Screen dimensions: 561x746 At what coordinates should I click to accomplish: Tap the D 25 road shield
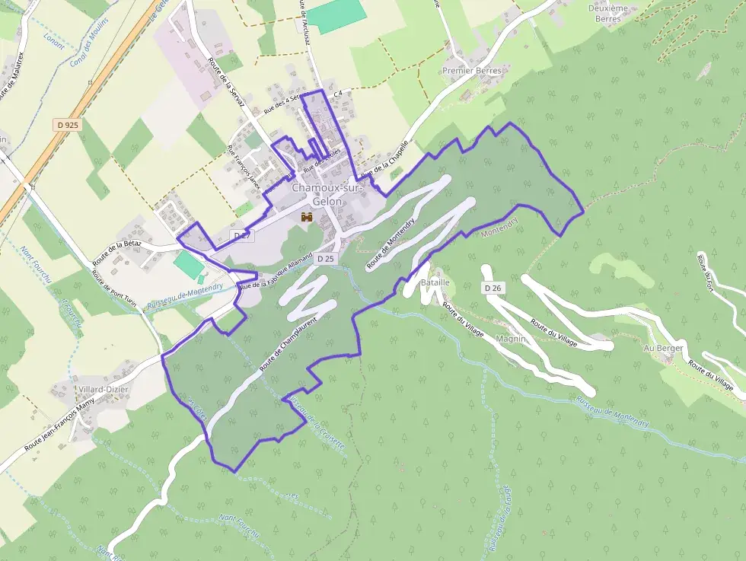(x=325, y=259)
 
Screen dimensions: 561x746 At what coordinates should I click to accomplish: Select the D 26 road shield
(x=493, y=288)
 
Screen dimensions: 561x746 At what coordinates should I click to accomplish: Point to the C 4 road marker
(x=337, y=93)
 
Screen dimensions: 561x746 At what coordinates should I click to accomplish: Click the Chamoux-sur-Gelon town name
(x=327, y=194)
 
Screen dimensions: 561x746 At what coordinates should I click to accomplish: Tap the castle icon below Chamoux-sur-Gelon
(x=307, y=217)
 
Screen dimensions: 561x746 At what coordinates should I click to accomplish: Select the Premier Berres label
(x=471, y=71)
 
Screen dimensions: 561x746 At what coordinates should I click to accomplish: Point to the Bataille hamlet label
(x=435, y=282)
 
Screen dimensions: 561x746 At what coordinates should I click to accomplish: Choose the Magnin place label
(x=511, y=339)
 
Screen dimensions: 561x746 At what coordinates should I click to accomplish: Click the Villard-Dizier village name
(x=104, y=389)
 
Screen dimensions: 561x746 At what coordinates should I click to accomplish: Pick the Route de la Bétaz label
(x=117, y=252)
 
